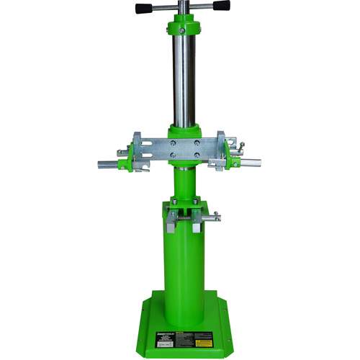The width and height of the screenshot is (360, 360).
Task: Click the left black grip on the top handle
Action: pyautogui.click(x=147, y=9)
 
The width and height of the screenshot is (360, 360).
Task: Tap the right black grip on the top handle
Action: pyautogui.click(x=218, y=6)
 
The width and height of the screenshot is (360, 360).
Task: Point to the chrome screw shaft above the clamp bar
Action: pyautogui.click(x=183, y=79)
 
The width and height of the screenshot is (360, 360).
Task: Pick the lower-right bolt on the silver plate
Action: pyautogui.click(x=196, y=153)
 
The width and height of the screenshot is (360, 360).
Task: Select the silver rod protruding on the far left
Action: pyautogui.click(x=107, y=164)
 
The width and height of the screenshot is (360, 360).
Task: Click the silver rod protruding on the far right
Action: pyautogui.click(x=251, y=163)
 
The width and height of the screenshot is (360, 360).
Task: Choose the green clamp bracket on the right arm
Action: pyautogui.click(x=234, y=153)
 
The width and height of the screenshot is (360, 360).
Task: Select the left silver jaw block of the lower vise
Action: pyautogui.click(x=170, y=222)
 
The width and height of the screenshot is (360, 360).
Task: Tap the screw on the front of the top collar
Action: pyautogui.click(x=183, y=30)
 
